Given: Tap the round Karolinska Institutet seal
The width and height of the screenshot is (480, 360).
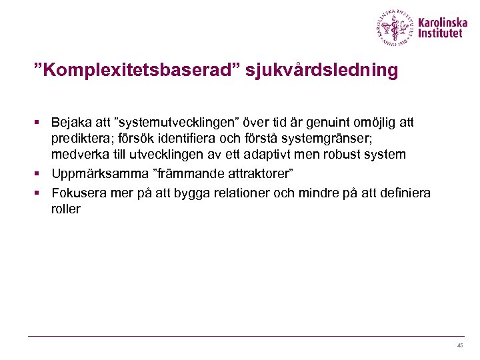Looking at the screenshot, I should (x=394, y=28).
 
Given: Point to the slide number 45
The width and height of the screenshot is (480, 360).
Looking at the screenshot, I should (x=460, y=345).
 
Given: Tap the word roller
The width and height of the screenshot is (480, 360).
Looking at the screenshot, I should (x=65, y=209).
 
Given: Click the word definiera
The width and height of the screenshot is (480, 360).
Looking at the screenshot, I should (x=406, y=193).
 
